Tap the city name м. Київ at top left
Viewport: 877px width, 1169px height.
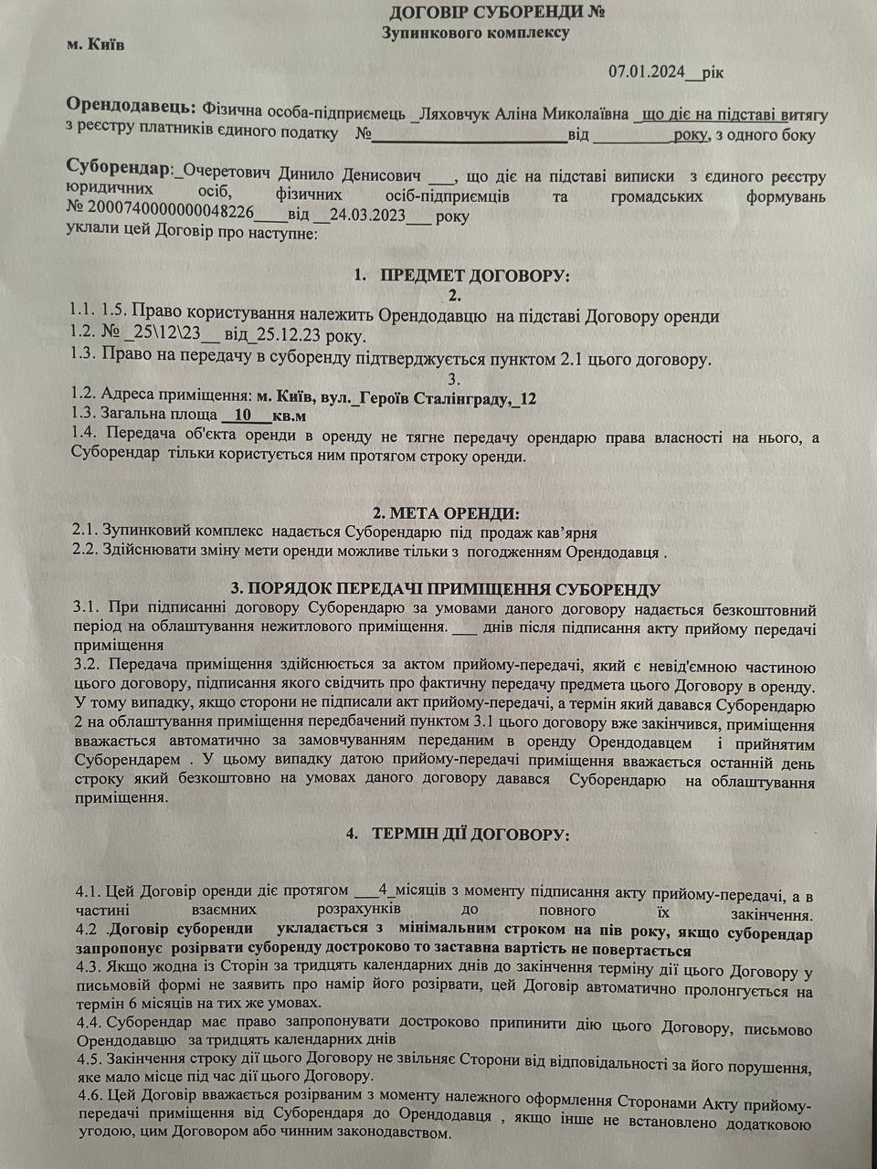pyautogui.click(x=96, y=43)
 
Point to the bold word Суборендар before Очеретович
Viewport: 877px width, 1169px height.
pyautogui.click(x=119, y=170)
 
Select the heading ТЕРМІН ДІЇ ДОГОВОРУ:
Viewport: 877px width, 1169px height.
pyautogui.click(x=479, y=835)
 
